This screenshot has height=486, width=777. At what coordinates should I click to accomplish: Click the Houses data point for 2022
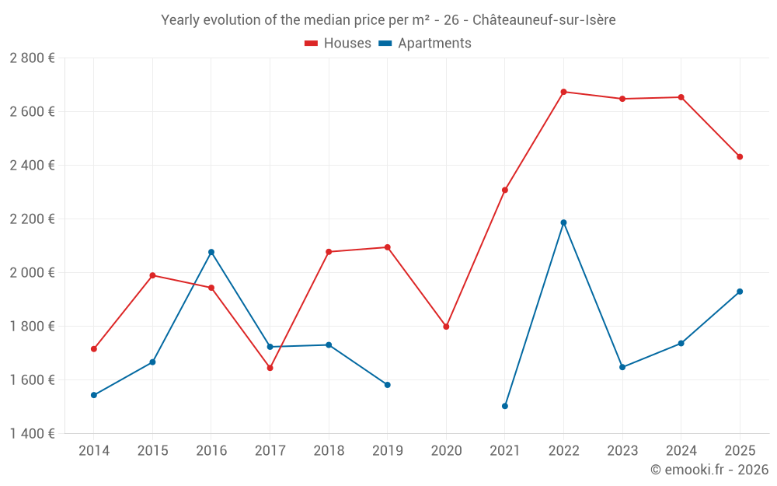(563, 92)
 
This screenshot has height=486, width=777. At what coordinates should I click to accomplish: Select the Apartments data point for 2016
(211, 252)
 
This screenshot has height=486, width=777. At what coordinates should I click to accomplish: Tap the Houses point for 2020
(446, 327)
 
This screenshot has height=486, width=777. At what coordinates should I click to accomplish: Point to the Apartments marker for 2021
(505, 406)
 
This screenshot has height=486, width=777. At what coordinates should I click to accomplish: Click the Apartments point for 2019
(388, 385)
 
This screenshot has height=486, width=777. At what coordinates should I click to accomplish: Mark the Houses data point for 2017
(270, 368)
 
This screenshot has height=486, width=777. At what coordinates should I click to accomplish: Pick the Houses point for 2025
(740, 157)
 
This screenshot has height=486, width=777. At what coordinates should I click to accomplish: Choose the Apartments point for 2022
(563, 222)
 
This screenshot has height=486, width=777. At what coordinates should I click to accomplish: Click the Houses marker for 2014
(94, 349)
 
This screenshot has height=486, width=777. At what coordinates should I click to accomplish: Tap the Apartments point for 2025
(740, 292)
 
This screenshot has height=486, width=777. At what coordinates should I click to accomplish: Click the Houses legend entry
(338, 44)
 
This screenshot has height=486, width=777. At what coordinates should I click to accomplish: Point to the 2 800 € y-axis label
(32, 58)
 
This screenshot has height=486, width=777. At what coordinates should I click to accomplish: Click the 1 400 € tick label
(32, 434)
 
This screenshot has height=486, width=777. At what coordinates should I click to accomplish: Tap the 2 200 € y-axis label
(32, 219)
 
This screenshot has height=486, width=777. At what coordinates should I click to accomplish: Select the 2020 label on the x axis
(446, 450)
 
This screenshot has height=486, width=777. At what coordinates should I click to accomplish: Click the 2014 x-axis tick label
(94, 450)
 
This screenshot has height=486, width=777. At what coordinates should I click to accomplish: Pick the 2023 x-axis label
(622, 450)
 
